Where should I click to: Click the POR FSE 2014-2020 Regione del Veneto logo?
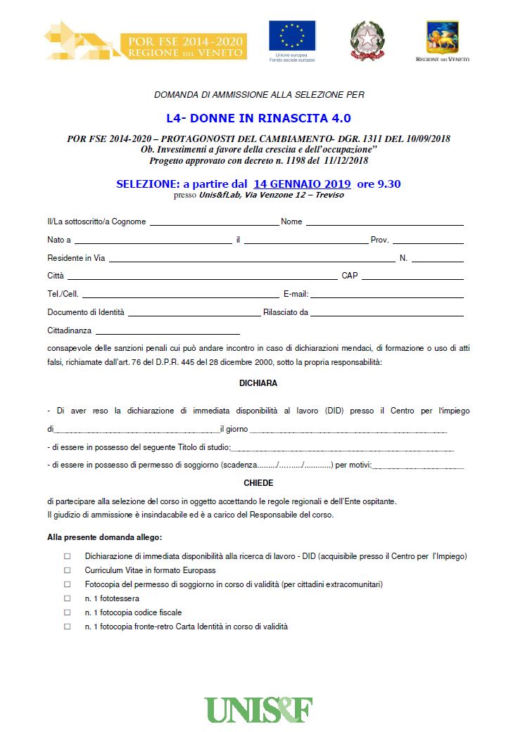point(146,41)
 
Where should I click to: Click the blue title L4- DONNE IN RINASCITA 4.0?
point(253,118)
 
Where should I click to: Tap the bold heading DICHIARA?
point(258,383)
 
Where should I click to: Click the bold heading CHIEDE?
point(258,483)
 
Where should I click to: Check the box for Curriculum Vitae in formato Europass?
point(68,570)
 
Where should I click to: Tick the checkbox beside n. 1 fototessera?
point(68,598)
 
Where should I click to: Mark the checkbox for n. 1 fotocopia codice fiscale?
point(68,612)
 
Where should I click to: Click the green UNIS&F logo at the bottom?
point(258,709)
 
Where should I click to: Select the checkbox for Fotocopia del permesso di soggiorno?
point(68,584)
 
